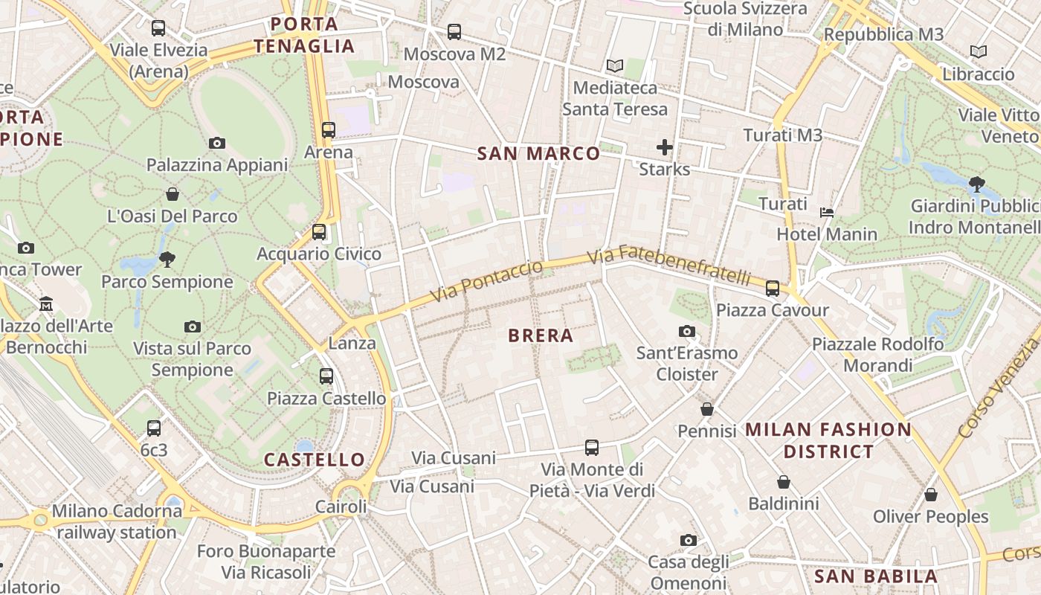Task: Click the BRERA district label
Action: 541,335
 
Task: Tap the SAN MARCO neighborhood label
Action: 538,154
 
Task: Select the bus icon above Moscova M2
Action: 454,32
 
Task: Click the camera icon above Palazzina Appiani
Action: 217,143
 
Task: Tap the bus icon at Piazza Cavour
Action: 773,289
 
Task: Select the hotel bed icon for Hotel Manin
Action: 827,213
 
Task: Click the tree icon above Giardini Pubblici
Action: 977,184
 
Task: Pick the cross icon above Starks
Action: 665,147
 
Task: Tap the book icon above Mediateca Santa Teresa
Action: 614,66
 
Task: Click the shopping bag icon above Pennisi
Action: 707,409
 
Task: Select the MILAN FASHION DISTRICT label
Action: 828,440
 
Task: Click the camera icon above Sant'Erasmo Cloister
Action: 687,331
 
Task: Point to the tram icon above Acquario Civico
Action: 319,232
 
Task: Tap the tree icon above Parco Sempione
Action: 167,260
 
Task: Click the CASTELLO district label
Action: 315,460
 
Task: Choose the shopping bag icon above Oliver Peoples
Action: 930,495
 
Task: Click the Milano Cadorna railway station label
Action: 117,521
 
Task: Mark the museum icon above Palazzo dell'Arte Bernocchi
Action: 46,303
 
